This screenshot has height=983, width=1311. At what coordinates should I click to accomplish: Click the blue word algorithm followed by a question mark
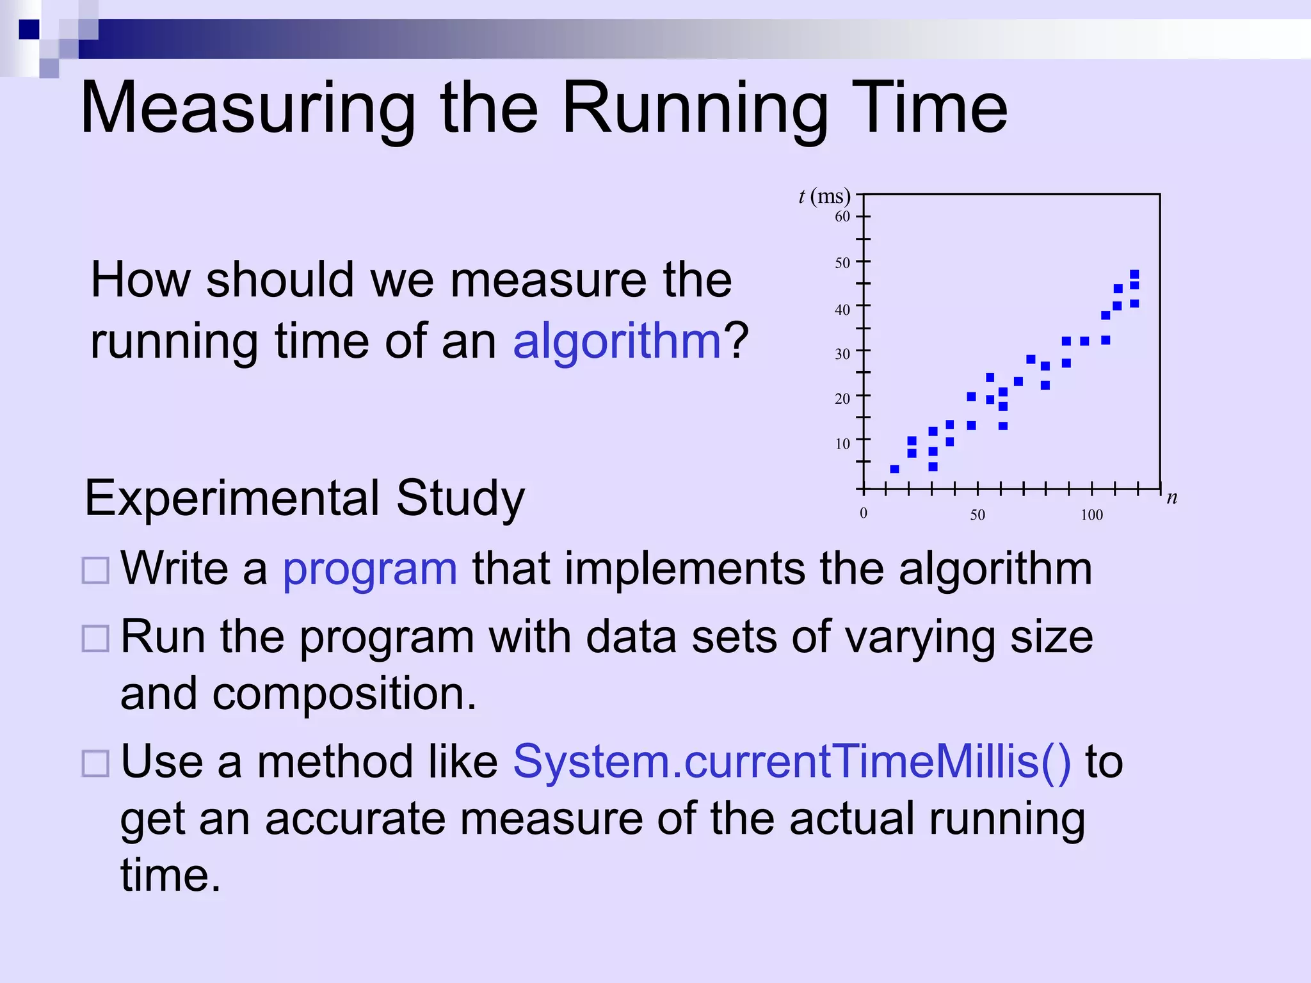(x=617, y=341)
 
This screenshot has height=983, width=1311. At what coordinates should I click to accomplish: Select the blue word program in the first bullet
(x=370, y=568)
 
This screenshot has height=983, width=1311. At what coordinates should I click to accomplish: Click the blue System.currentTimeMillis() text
(x=792, y=762)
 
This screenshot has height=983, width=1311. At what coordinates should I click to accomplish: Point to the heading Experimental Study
(x=305, y=498)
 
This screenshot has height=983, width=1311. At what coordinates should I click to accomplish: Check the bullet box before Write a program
(x=96, y=570)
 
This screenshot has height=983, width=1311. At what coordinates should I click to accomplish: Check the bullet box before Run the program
(x=96, y=638)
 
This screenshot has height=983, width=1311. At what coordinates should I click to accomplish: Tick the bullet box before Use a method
(x=96, y=763)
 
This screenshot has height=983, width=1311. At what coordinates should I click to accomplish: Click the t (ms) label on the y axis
(x=824, y=196)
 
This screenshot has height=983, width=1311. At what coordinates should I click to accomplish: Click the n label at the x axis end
(x=1171, y=497)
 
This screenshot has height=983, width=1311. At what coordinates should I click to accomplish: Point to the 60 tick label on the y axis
(x=842, y=216)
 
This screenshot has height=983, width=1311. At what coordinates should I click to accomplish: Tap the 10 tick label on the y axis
(x=842, y=444)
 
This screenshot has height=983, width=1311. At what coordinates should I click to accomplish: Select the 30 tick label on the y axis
(x=842, y=354)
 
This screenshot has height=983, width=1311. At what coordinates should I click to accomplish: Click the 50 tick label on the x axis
(x=977, y=515)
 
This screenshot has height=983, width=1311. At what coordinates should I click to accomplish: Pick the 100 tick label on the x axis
(x=1091, y=515)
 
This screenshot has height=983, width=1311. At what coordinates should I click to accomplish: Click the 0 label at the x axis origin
(x=864, y=513)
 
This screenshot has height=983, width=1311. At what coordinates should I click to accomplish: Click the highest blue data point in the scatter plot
(x=1134, y=275)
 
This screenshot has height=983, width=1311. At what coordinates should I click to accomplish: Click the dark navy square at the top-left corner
(x=29, y=29)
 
